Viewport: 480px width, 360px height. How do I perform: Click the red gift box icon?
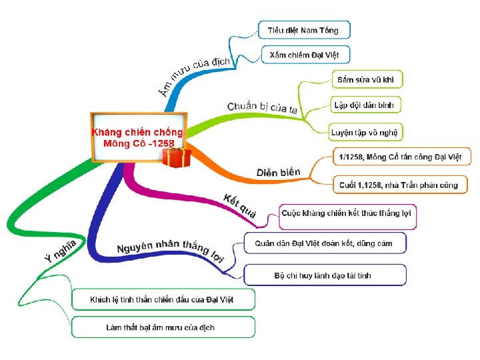click(x=177, y=158)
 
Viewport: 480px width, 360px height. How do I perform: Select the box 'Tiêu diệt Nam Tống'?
click(x=303, y=30)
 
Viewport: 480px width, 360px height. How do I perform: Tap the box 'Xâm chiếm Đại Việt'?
click(x=303, y=55)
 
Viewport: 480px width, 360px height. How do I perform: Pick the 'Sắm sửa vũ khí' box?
click(x=367, y=79)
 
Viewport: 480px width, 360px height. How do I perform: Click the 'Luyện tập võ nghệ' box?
click(x=367, y=132)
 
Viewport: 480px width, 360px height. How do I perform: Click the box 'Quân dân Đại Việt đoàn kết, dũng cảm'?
click(x=324, y=243)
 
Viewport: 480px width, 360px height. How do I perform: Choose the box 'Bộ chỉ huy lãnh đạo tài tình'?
click(x=324, y=275)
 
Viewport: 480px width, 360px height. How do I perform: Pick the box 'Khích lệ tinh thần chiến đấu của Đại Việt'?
click(x=162, y=299)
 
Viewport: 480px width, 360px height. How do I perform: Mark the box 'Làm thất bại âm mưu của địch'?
click(x=162, y=327)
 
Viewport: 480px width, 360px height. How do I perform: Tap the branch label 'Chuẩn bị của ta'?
click(x=263, y=107)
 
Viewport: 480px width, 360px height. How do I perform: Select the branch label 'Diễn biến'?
click(x=278, y=173)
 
